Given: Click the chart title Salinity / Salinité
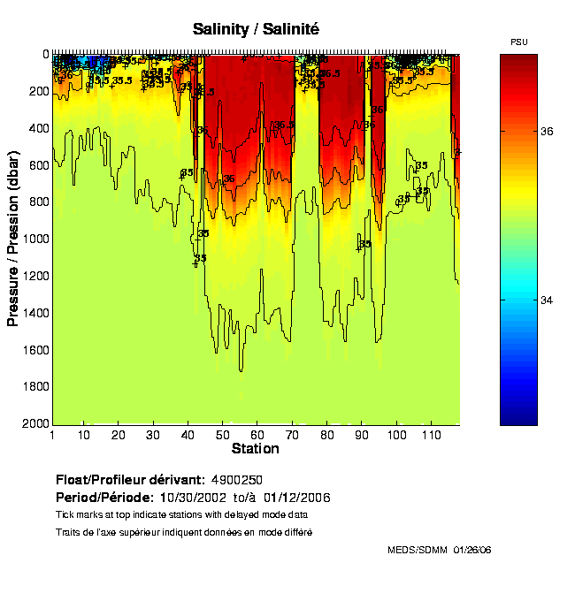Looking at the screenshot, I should (x=256, y=29).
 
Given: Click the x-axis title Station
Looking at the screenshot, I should (x=255, y=449).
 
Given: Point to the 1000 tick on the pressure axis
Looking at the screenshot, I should (x=33, y=239).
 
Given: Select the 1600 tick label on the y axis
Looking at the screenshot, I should (x=33, y=350).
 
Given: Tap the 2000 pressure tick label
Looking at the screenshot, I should (x=33, y=424).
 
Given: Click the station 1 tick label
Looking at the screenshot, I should (x=53, y=436).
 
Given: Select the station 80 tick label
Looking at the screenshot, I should (x=327, y=436).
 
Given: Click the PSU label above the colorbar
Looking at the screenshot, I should (x=520, y=42).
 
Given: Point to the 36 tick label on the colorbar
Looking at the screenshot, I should (x=548, y=132).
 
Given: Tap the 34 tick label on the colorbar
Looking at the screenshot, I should (x=548, y=300).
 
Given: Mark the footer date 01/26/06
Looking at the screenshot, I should (x=472, y=550).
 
